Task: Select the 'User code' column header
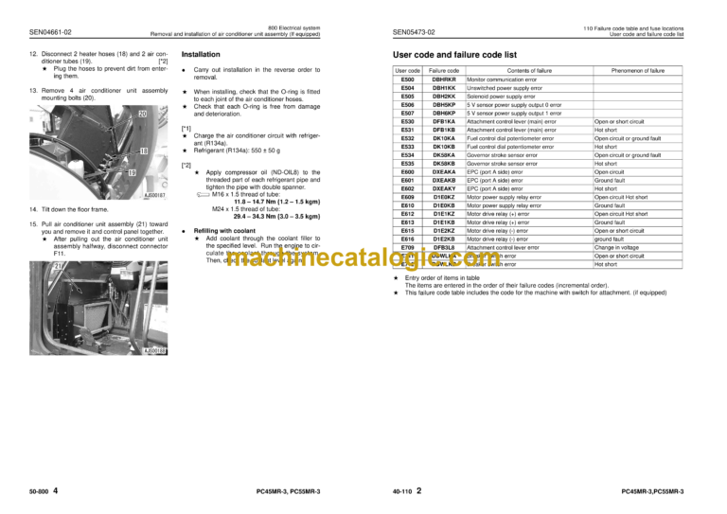(407, 71)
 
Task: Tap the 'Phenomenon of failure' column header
(637, 71)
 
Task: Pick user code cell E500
(407, 80)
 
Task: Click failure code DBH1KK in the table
(443, 88)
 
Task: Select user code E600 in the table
(407, 170)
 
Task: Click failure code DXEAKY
(443, 187)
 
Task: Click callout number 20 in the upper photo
(144, 113)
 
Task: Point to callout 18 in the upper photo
(144, 151)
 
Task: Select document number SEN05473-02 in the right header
(413, 32)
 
